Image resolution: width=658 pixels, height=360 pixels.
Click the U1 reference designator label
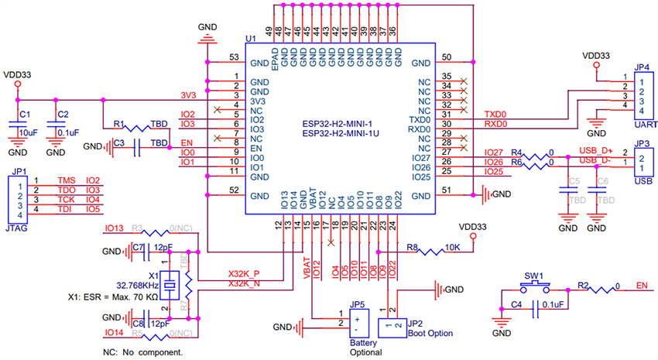250,39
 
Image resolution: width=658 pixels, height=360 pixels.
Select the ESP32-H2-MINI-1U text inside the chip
338,133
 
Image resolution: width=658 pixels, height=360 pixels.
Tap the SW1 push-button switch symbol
534,286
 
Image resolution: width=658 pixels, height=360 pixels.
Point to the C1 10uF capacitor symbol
17,125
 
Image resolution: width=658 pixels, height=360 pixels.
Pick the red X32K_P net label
244,273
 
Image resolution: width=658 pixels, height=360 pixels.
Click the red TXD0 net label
495,114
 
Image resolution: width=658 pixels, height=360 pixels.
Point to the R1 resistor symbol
141,127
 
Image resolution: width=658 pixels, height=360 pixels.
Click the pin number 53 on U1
234,58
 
